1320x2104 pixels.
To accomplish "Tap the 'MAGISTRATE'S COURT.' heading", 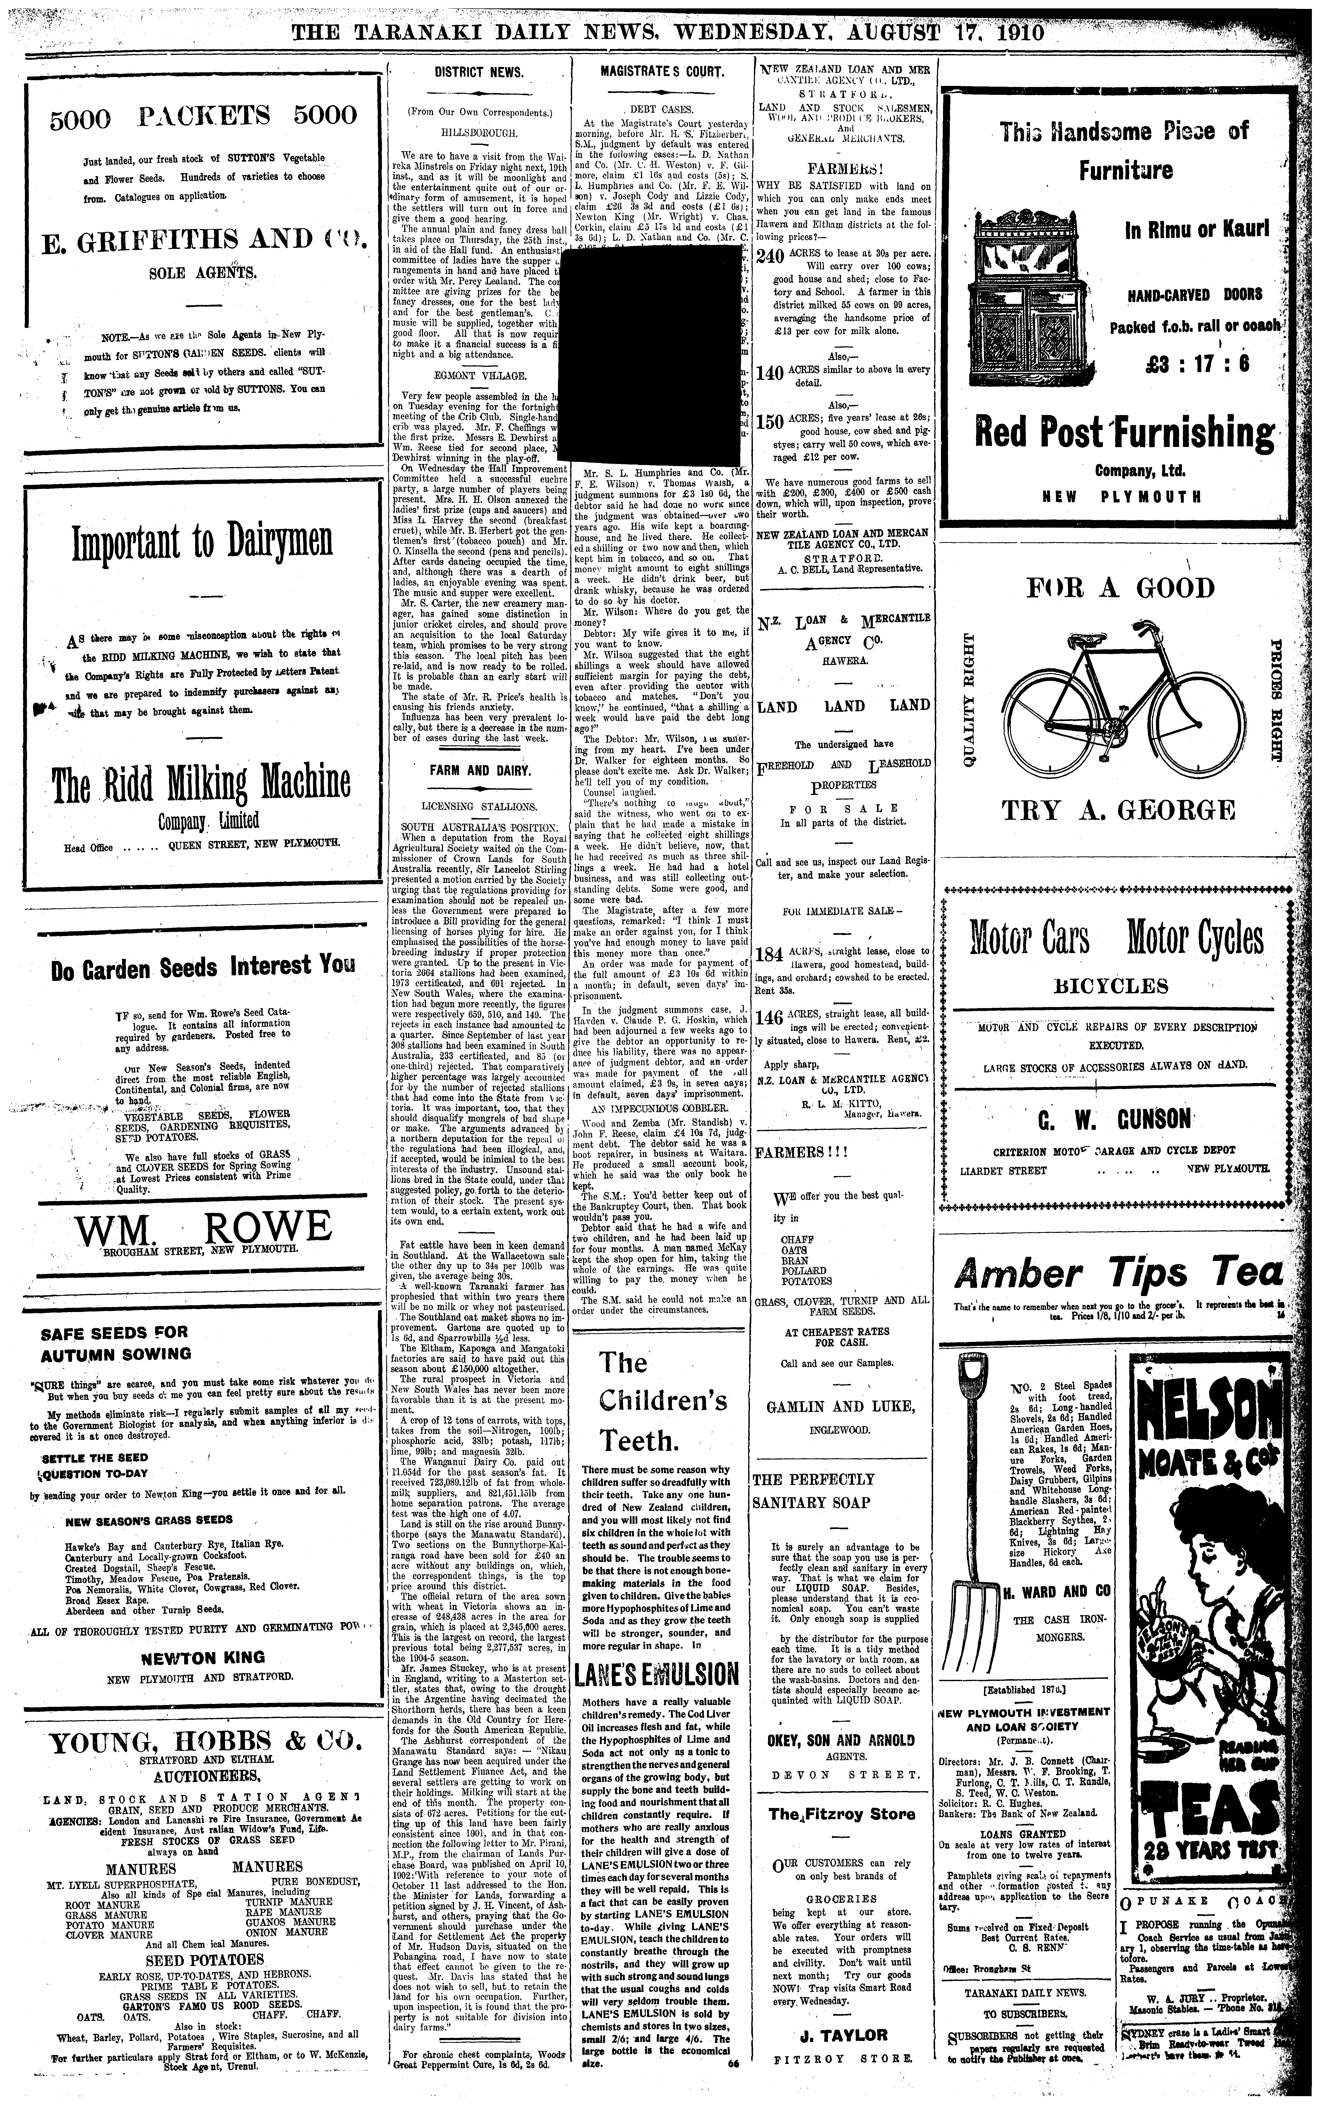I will tap(662, 73).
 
